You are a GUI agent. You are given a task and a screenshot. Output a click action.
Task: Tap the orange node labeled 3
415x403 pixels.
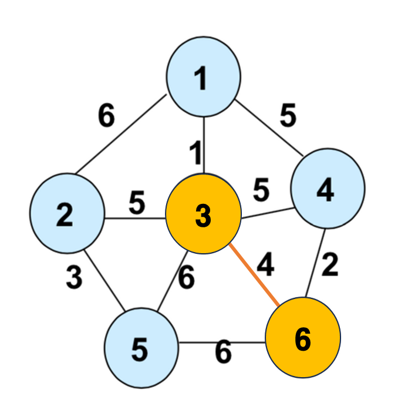click(x=203, y=216)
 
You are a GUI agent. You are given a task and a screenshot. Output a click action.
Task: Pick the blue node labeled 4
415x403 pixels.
click(x=328, y=189)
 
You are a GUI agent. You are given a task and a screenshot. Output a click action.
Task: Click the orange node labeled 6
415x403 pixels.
click(x=303, y=338)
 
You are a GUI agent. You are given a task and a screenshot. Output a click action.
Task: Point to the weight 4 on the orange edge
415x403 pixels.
click(x=265, y=265)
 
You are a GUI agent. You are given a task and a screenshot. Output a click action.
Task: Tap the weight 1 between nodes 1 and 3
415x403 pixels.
click(x=195, y=153)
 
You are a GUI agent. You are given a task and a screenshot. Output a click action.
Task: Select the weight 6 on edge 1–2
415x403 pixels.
click(x=106, y=116)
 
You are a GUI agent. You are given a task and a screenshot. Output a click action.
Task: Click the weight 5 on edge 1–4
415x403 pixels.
click(x=288, y=116)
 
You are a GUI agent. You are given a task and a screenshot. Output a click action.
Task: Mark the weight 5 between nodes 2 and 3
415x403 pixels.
click(x=137, y=203)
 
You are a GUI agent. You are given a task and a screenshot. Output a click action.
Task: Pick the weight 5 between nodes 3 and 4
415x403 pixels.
click(x=261, y=190)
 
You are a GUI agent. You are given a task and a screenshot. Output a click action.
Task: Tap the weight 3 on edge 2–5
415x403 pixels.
click(x=73, y=278)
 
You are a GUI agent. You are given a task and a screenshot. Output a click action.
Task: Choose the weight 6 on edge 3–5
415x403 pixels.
click(x=186, y=278)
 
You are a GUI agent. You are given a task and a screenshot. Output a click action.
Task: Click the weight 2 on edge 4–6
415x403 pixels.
click(x=330, y=266)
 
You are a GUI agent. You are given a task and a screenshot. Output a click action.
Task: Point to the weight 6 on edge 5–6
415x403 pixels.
click(x=223, y=352)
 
